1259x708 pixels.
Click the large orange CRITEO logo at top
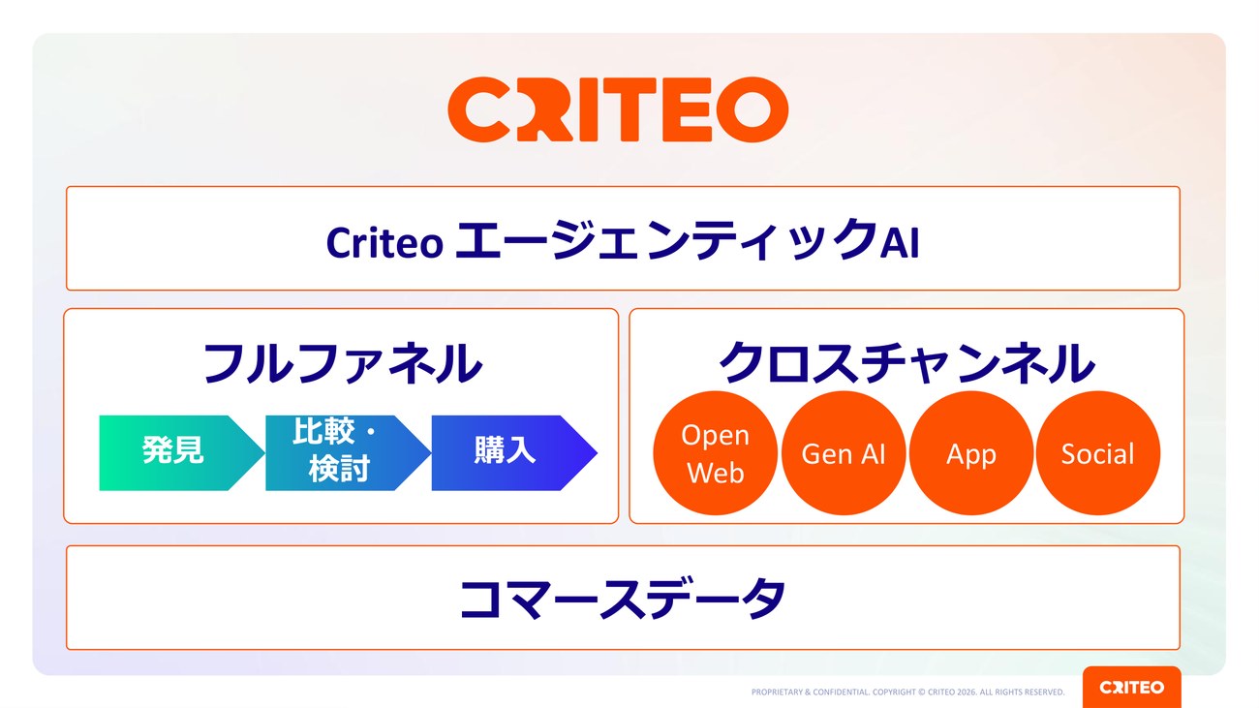[x=618, y=109]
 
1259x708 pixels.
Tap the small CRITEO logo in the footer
[x=1131, y=688]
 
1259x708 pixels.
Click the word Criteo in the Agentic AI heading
[x=384, y=243]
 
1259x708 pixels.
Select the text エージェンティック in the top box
[x=666, y=240]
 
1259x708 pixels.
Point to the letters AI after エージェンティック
[x=900, y=243]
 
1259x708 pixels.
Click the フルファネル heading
[x=342, y=363]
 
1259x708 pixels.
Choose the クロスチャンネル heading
[x=906, y=363]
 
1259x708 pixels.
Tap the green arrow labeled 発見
[x=181, y=453]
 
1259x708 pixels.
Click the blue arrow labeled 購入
[x=513, y=453]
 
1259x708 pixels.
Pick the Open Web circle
[x=715, y=453]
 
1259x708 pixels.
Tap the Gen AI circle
[x=844, y=453]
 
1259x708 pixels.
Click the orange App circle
[x=970, y=453]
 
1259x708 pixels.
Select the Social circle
[x=1097, y=453]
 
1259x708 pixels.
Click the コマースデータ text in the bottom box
[x=623, y=599]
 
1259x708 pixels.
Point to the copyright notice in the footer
[x=907, y=693]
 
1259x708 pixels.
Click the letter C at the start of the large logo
[x=478, y=109]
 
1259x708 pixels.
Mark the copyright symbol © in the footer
[x=922, y=693]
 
